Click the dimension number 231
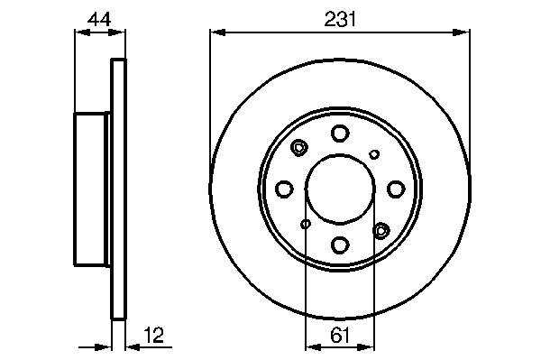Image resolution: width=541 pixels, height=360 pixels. click(340, 19)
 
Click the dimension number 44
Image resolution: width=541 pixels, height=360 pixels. click(99, 19)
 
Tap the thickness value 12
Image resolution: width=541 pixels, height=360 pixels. click(153, 335)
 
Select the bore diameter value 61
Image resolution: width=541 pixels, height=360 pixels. click(340, 335)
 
